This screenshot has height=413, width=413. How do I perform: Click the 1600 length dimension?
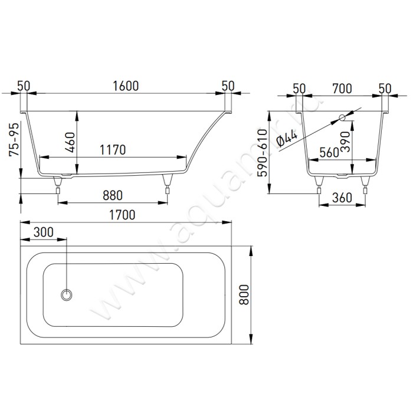tap(126, 86)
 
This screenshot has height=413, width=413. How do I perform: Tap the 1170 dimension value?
tap(113, 150)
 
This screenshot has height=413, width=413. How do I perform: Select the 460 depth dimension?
tap(70, 143)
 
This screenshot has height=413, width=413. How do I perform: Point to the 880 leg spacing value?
tap(113, 195)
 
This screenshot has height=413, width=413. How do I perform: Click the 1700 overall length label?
tap(122, 215)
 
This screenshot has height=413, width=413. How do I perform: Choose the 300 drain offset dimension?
tap(44, 232)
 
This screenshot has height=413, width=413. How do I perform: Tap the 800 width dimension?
tap(244, 295)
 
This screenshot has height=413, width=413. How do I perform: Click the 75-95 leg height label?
tap(14, 140)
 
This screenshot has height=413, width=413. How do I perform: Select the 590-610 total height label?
tap(263, 153)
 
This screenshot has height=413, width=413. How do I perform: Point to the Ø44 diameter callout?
tap(287, 138)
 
